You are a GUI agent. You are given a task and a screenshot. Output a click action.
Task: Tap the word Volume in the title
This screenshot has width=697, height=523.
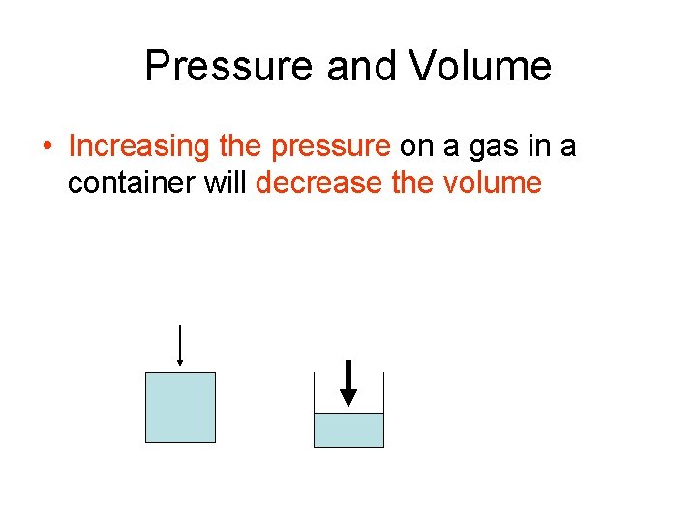click(480, 67)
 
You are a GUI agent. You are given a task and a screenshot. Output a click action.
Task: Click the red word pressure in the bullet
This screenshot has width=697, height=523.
click(331, 146)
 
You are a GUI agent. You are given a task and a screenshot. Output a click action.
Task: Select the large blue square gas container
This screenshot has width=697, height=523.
click(180, 407)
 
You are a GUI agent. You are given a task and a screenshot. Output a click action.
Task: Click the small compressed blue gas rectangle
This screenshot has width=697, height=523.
click(348, 430)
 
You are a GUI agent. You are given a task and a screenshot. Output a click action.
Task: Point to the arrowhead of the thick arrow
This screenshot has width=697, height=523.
click(348, 397)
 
